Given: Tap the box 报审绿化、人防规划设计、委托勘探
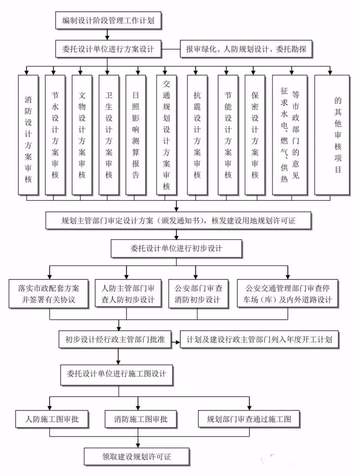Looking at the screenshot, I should tap(245, 49).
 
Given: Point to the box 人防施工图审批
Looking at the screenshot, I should tap(52, 418).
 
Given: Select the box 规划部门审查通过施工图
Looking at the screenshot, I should tap(248, 418).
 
